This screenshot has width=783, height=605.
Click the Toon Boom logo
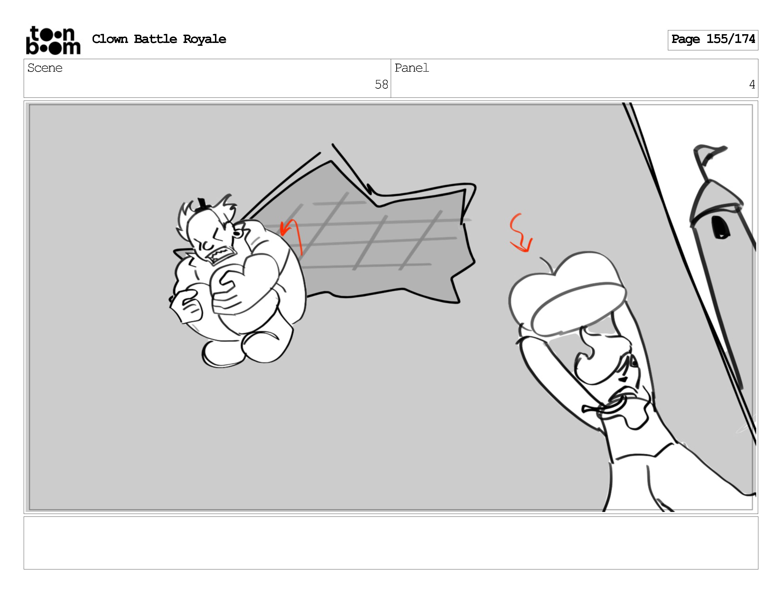[53, 40]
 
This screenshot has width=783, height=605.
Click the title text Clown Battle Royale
[159, 39]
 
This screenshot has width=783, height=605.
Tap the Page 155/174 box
[713, 40]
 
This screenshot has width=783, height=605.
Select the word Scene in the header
[45, 68]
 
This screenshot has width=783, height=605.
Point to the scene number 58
[382, 85]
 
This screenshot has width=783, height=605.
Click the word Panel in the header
[412, 68]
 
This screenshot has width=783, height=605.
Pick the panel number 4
[752, 85]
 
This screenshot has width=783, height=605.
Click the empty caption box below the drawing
[391, 543]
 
